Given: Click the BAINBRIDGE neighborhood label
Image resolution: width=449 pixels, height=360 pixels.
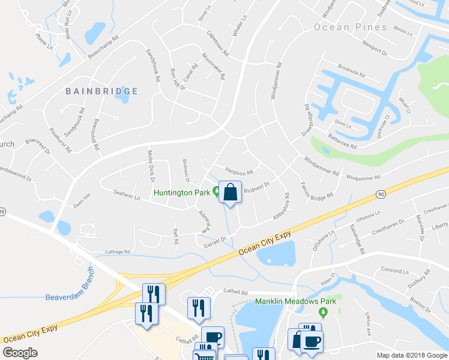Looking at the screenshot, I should click(x=102, y=91).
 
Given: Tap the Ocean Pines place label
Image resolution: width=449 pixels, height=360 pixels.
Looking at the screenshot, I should click(x=351, y=28).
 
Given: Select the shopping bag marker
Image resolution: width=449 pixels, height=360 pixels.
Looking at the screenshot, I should click(x=230, y=193).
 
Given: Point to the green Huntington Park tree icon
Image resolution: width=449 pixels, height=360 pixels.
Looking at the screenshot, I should click(x=216, y=193).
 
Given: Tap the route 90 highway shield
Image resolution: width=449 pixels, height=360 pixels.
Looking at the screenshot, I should click(x=381, y=194).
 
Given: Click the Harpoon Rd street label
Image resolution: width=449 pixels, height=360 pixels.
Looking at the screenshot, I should click(x=238, y=170).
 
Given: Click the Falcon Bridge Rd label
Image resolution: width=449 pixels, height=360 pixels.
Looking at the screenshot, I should click(x=316, y=193).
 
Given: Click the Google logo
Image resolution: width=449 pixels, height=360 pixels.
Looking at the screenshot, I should click(x=20, y=353).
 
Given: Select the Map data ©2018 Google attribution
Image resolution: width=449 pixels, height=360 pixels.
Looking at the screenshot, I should click(x=412, y=355).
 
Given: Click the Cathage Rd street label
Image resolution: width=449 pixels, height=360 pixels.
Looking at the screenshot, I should click(x=118, y=252).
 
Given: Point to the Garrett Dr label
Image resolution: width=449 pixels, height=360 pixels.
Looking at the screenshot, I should click(x=215, y=240).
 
